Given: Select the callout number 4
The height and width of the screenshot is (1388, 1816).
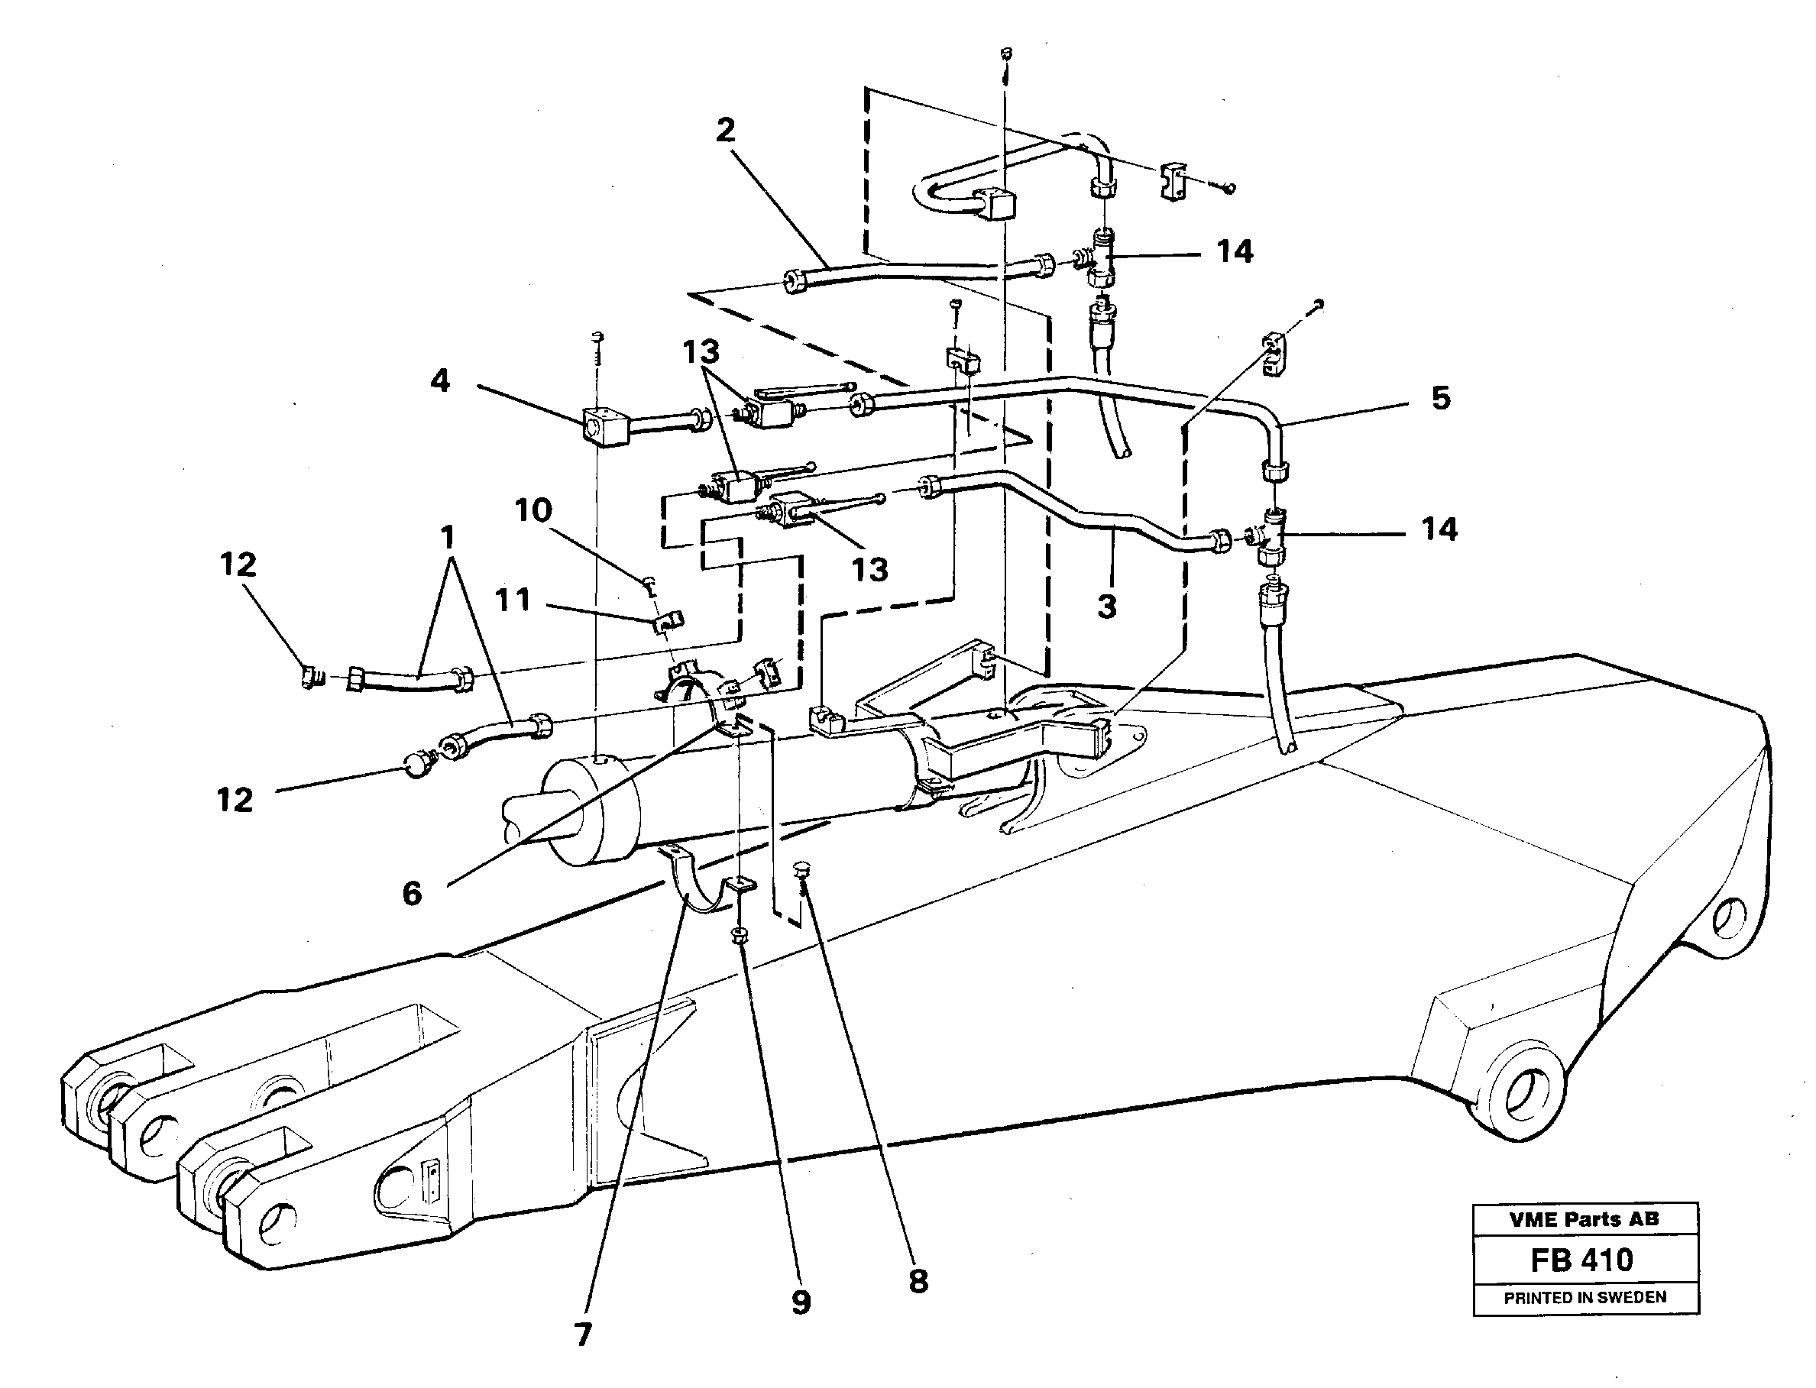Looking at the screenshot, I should click(440, 382).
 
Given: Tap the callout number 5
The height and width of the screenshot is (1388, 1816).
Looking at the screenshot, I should click(1440, 399).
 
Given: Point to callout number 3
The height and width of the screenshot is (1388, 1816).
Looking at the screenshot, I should click(1107, 607).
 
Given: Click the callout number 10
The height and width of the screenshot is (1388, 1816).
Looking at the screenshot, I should click(533, 510).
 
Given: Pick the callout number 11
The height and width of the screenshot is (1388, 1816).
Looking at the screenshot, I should click(512, 600).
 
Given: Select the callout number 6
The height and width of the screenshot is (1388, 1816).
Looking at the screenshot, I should click(412, 894).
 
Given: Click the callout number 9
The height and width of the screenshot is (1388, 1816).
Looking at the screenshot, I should click(801, 1304).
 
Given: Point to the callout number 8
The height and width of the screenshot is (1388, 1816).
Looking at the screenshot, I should click(918, 1281).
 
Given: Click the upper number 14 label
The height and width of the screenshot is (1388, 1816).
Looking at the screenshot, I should click(1235, 251).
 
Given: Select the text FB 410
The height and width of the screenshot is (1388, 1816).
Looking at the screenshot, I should click(1581, 1260).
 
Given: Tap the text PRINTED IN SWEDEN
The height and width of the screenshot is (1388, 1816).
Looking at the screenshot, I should click(1585, 1298).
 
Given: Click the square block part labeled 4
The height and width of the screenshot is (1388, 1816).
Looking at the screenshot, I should click(604, 426).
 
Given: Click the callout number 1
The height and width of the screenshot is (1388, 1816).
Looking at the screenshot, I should click(447, 539).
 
